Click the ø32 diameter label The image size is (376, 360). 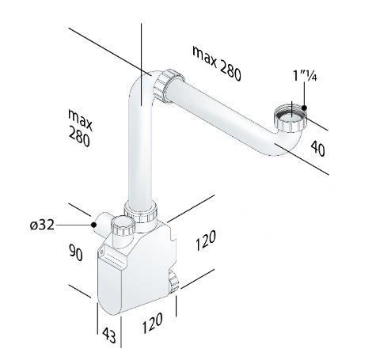(x=43, y=225)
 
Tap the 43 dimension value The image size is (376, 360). (x=109, y=335)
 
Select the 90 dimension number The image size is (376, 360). (x=76, y=252)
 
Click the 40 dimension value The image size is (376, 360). (x=317, y=149)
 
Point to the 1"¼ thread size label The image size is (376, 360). (x=305, y=76)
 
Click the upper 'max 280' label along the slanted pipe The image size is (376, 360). (x=217, y=63)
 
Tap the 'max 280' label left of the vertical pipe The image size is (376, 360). (x=80, y=127)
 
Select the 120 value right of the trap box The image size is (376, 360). (x=206, y=241)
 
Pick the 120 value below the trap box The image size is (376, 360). (x=152, y=323)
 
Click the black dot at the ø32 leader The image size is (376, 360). (x=93, y=225)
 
